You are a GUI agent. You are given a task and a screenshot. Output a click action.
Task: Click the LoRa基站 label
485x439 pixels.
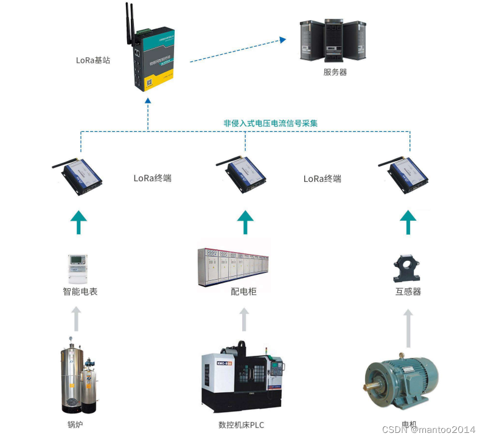92,60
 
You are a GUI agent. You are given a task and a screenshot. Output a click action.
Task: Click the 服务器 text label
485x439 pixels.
335,72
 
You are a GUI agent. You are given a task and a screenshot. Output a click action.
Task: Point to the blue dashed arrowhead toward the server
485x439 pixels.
282,41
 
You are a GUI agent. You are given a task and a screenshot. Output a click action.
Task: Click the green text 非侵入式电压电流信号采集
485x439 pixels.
270,123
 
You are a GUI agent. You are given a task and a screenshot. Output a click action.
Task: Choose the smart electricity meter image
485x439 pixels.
77,268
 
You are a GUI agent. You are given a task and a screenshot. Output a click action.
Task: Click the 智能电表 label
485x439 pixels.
80,291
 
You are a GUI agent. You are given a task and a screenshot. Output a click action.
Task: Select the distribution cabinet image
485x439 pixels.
234,266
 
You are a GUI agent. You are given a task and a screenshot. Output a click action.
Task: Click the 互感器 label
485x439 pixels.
408,291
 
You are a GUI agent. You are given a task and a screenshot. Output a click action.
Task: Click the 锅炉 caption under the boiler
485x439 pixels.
75,424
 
